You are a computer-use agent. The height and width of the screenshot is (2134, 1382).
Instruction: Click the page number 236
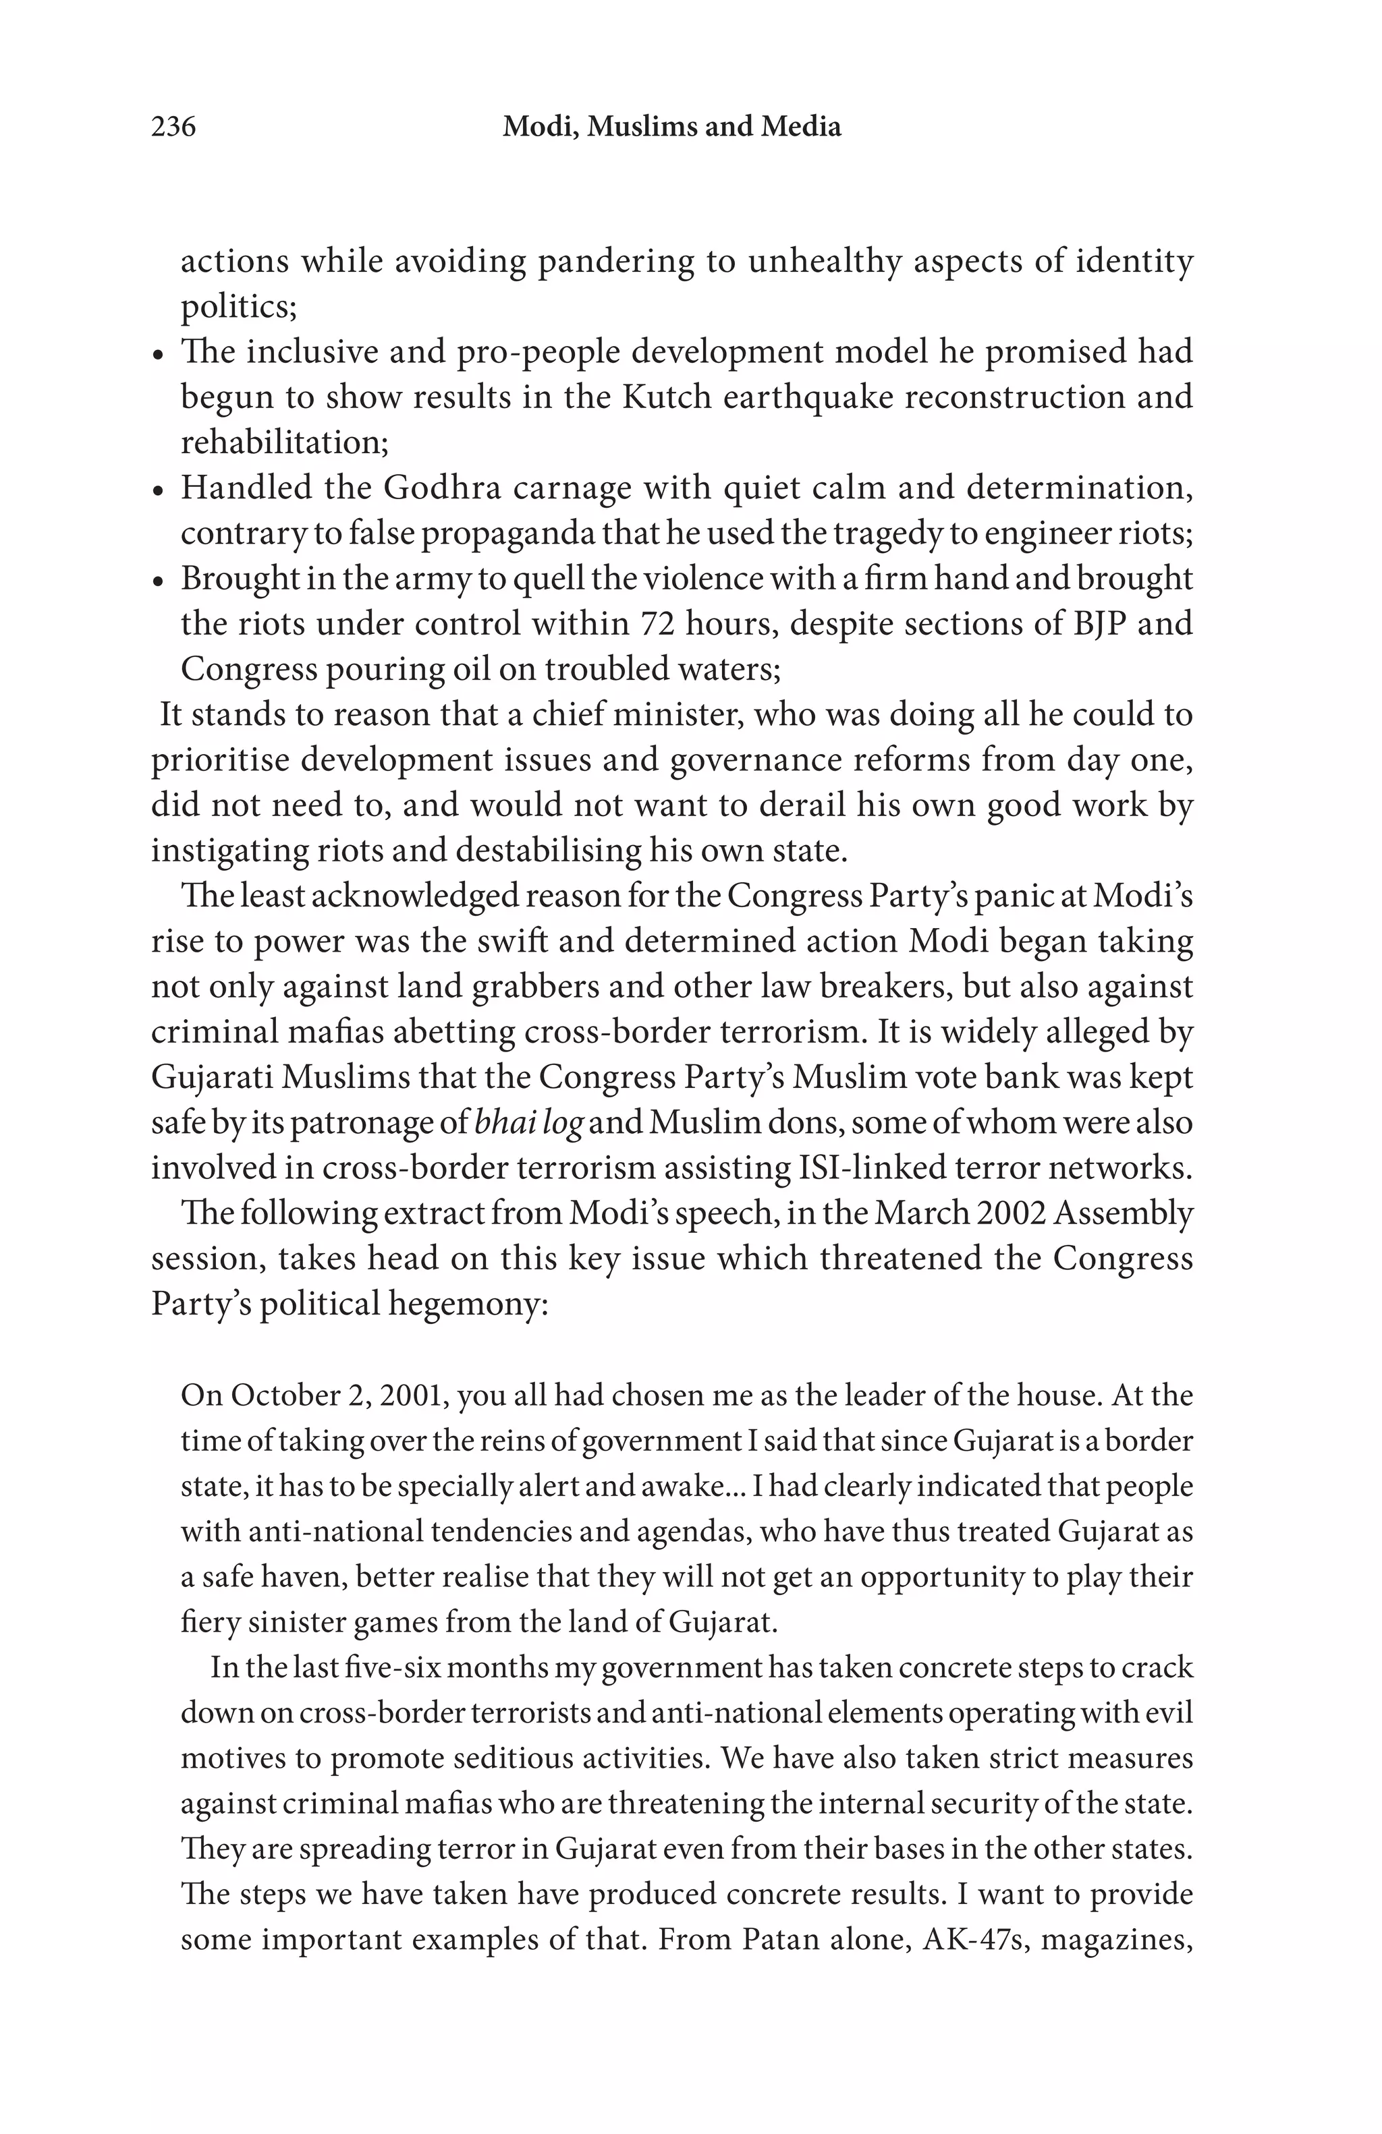(x=173, y=127)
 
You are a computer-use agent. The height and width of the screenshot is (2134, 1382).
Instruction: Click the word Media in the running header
(x=801, y=127)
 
